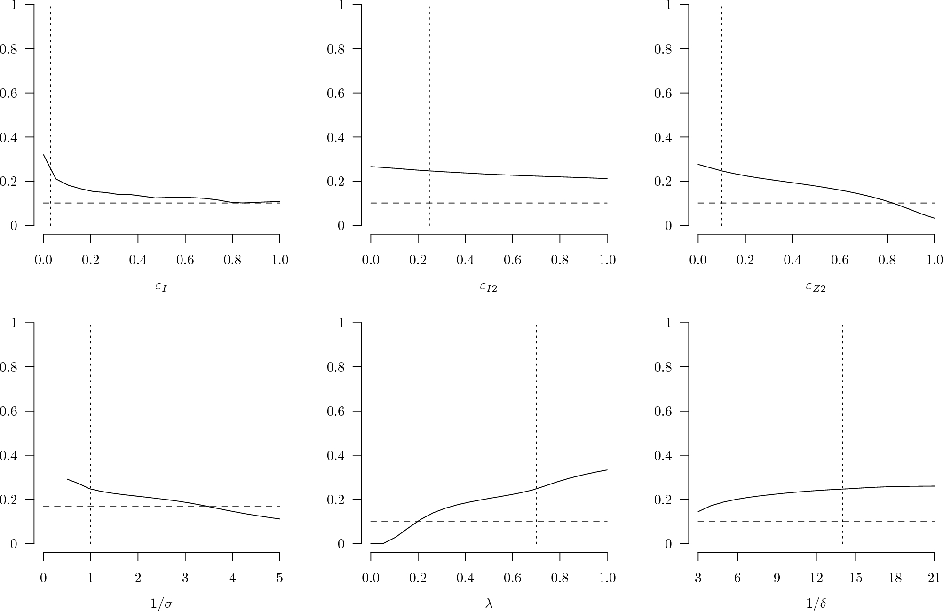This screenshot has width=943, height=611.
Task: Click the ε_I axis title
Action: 161,286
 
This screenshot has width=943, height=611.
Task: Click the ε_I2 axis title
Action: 488,286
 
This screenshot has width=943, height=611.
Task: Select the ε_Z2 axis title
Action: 816,286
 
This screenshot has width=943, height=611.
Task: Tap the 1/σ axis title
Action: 161,603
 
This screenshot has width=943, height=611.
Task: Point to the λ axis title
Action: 488,603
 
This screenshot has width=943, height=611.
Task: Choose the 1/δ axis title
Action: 816,603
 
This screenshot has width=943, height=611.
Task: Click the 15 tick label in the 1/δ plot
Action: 855,578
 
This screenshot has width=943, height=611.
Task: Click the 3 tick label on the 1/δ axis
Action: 698,578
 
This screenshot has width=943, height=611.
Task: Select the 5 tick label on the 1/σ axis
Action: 279,578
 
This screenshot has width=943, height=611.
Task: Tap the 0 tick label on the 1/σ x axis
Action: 43,578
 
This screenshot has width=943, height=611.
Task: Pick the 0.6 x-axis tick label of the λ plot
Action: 512,578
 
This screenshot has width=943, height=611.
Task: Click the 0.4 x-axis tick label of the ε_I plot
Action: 138,260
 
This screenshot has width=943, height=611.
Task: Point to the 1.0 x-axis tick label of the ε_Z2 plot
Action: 934,260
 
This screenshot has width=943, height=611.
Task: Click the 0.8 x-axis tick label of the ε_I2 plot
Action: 560,260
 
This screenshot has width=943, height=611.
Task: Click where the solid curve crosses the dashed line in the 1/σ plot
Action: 207,506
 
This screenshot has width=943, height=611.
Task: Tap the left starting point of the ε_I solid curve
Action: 43,155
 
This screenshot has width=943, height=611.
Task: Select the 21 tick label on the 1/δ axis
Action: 934,578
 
